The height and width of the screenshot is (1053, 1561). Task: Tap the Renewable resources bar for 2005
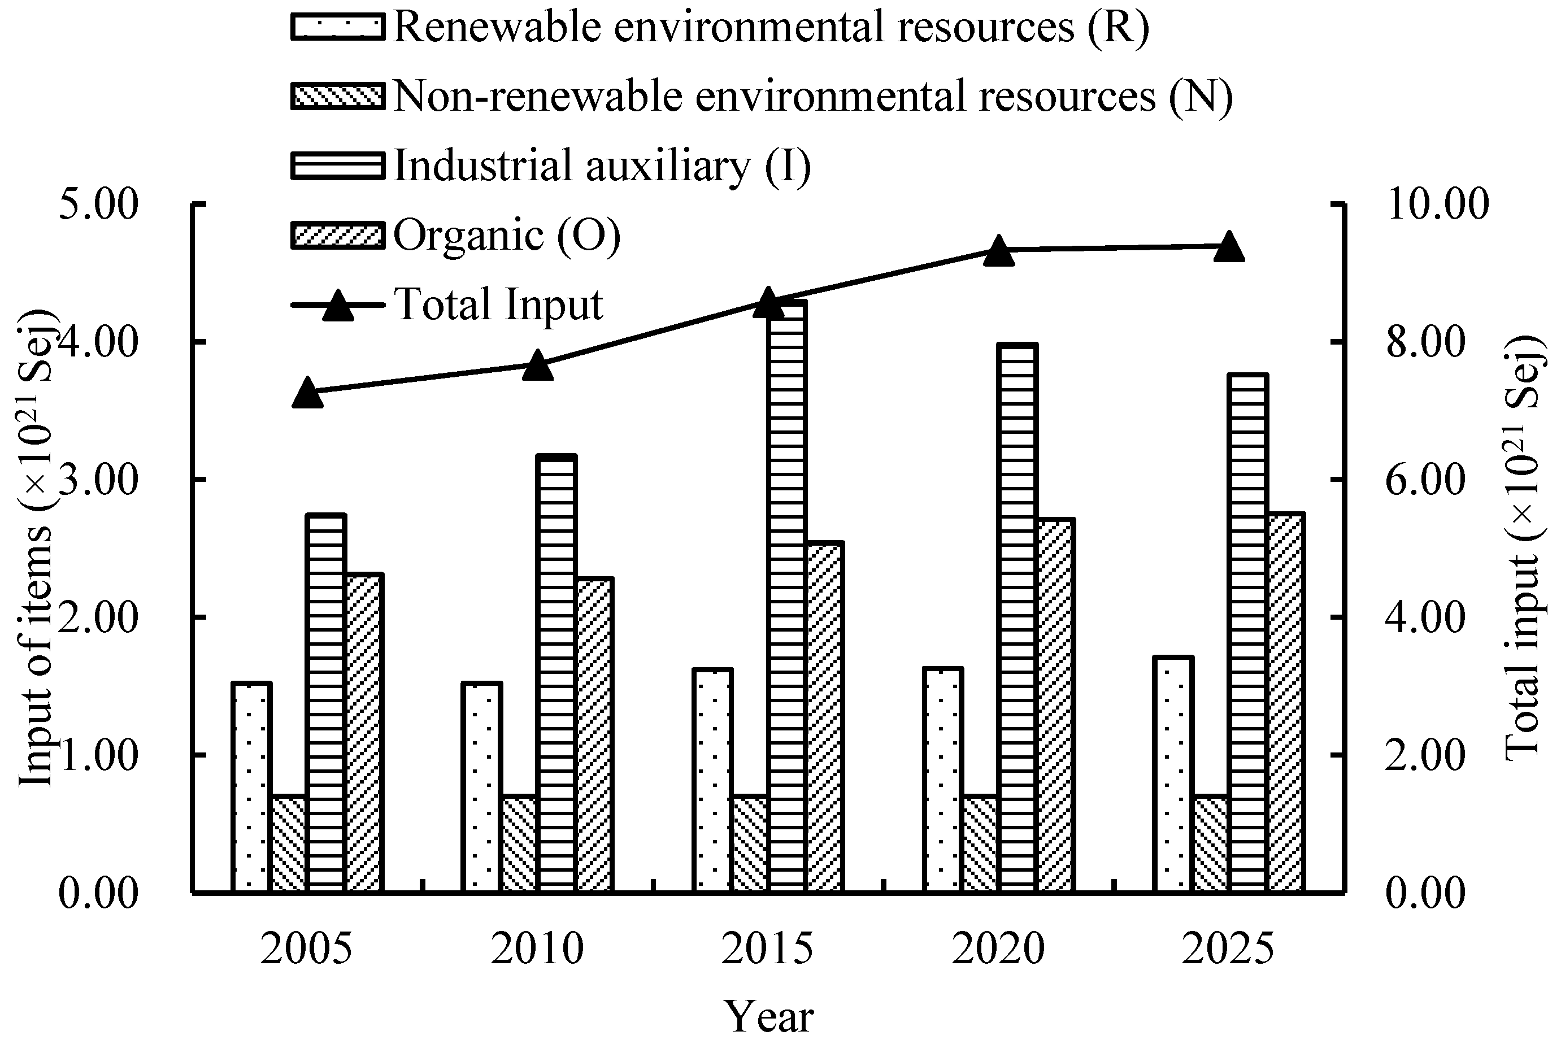point(252,787)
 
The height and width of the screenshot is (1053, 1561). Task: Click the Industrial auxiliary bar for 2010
point(557,675)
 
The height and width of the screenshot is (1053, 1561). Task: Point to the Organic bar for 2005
point(364,733)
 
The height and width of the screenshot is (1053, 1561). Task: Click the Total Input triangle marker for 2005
point(308,392)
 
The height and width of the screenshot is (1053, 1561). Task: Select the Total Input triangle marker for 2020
point(999,250)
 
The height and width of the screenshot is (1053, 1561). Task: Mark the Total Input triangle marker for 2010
point(538,365)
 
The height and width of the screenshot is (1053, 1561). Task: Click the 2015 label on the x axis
point(768,950)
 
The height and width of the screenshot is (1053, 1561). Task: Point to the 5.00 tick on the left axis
point(99,204)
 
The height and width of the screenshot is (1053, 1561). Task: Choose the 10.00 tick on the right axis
point(1437,204)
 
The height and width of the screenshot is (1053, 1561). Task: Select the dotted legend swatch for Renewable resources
point(338,28)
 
